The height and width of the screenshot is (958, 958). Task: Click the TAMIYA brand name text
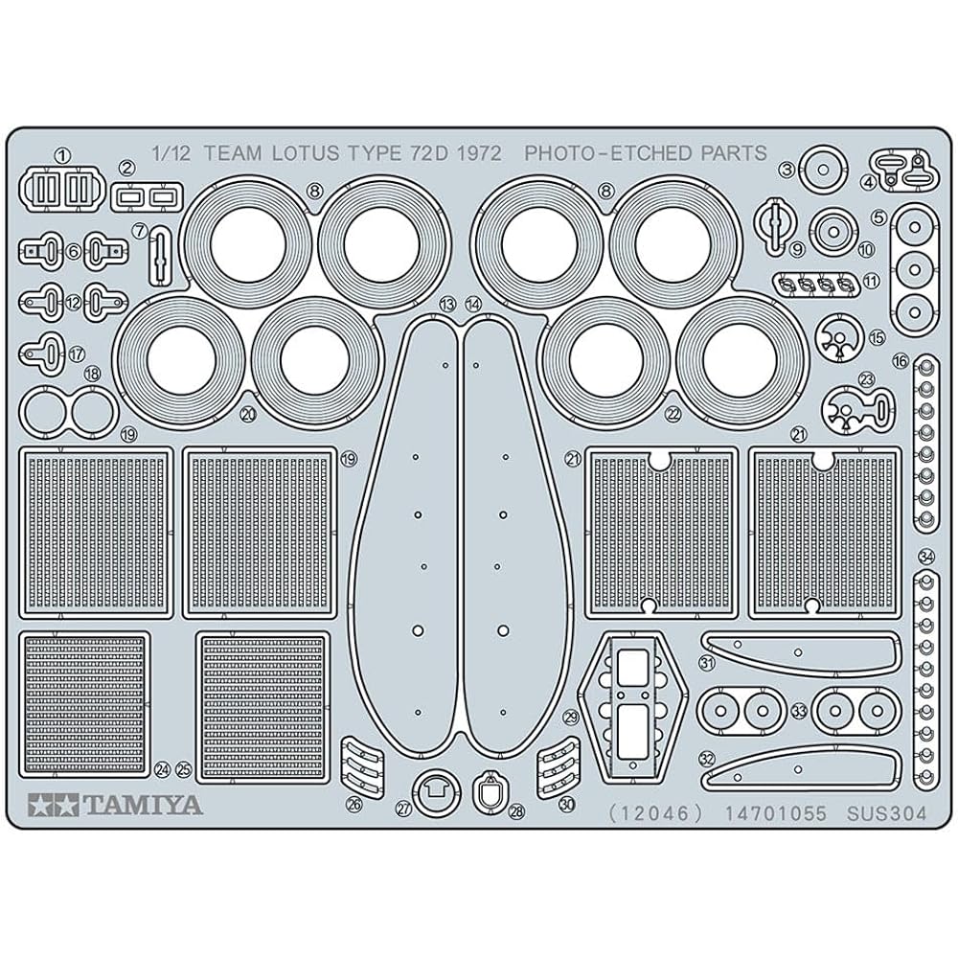143,806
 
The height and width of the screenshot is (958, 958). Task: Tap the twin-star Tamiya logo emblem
53,806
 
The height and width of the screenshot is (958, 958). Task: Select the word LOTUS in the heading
307,152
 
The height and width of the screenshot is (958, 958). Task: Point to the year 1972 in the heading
479,152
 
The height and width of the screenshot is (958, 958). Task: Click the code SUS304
886,813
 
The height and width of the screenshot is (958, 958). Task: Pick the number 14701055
775,813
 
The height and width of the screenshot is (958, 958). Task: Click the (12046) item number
657,813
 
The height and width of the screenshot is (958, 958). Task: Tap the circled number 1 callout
63,156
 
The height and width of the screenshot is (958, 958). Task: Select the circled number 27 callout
404,810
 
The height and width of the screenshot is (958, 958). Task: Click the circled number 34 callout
926,557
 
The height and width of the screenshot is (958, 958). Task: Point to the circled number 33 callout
799,711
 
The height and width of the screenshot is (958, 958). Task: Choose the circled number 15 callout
877,336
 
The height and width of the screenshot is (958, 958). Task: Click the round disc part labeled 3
822,170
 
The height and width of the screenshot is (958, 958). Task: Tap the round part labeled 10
833,232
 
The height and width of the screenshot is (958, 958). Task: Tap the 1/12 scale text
171,152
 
